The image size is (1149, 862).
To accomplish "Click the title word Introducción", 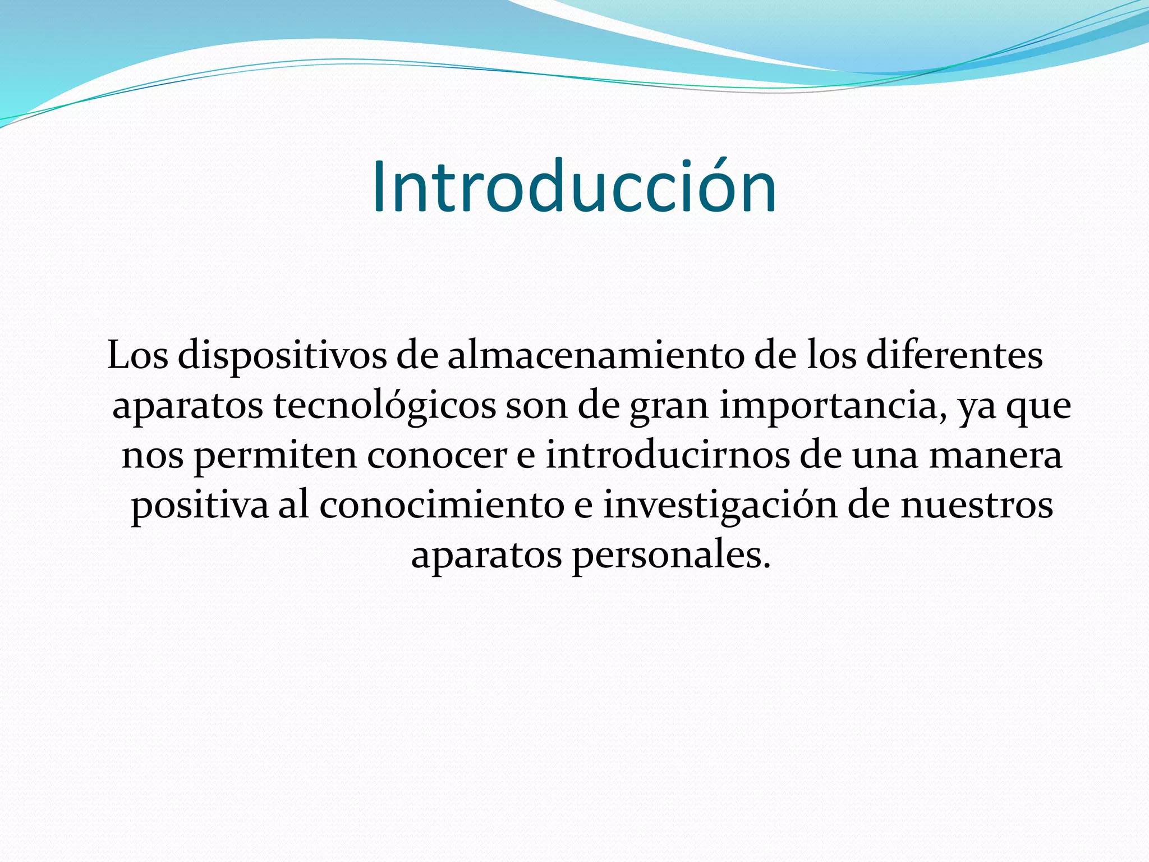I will (x=574, y=187).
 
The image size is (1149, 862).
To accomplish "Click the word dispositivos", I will (x=282, y=356).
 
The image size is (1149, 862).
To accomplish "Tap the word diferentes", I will (x=954, y=356).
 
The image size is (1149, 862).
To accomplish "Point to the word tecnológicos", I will (x=385, y=406).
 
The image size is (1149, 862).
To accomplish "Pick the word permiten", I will (x=275, y=456).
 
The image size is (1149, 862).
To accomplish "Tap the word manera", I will (x=995, y=456).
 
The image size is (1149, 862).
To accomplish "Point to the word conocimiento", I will (x=442, y=506).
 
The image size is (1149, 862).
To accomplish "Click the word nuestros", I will (x=976, y=506).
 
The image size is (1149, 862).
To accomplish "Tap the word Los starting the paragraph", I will (x=137, y=356).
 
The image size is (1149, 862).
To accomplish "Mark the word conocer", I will (x=437, y=456).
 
